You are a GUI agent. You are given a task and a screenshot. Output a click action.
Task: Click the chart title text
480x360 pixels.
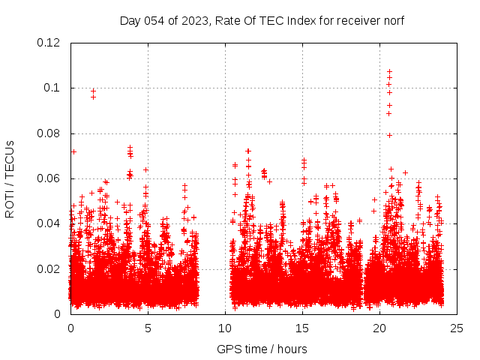[x=262, y=20]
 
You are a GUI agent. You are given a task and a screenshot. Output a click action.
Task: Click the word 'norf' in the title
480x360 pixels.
[x=392, y=20]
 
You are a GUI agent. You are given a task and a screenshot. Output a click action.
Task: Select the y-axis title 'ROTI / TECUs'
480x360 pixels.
[x=10, y=178]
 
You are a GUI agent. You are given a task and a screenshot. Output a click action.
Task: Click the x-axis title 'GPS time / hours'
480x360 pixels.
[x=262, y=348]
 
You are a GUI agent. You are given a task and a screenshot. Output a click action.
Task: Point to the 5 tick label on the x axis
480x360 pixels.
[x=148, y=328]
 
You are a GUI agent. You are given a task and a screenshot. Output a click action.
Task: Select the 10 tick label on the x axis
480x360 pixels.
[x=225, y=328]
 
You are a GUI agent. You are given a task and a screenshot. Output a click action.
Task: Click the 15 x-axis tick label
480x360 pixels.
[x=302, y=328]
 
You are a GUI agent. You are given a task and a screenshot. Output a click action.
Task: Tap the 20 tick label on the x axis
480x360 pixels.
[x=379, y=328]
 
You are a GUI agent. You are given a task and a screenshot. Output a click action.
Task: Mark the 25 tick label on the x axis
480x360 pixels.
[x=457, y=328]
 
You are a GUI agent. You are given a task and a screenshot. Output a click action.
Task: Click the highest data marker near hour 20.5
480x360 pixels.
[x=389, y=72]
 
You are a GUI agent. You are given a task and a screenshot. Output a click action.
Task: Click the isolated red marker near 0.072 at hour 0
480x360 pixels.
[x=73, y=151]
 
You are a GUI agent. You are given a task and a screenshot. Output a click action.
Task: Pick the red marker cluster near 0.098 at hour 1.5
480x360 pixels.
[x=93, y=93]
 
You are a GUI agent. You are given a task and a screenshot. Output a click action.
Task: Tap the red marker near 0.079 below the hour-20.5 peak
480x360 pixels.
[x=389, y=135]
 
